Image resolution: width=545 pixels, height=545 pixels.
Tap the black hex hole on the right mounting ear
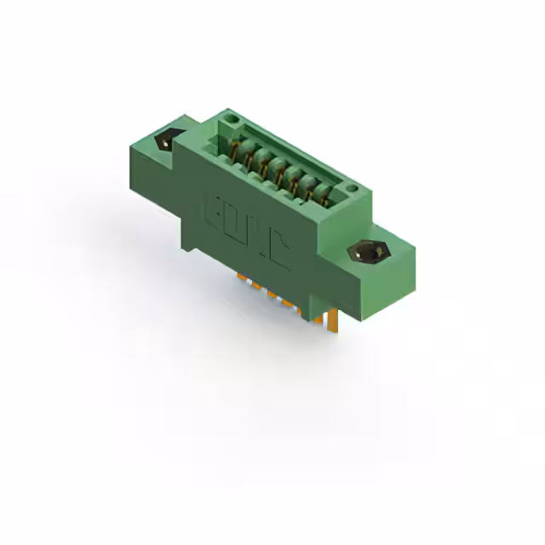[371, 252]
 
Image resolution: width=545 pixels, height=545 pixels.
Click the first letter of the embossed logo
[213, 212]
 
